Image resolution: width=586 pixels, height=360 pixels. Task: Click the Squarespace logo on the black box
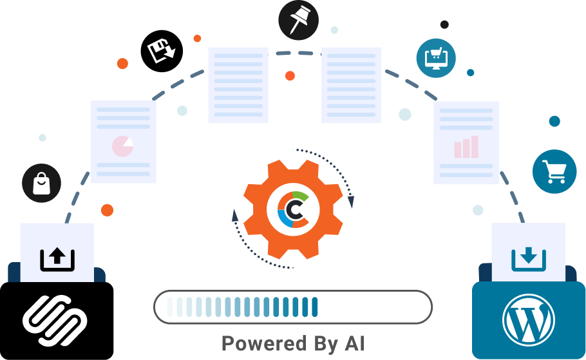point(55,320)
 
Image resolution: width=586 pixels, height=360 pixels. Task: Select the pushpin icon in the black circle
point(298,19)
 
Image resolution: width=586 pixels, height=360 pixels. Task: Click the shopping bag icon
point(41,183)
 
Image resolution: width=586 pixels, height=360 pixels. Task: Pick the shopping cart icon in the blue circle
point(554,171)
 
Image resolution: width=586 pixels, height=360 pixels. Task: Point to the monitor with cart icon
point(436,58)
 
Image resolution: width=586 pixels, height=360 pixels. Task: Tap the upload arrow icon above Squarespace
point(57,259)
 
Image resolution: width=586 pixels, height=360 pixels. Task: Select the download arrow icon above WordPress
point(529,259)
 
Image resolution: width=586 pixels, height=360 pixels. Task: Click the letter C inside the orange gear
point(295,210)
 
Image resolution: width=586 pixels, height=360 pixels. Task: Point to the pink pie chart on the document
point(122,146)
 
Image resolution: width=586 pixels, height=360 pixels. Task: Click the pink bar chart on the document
point(466,147)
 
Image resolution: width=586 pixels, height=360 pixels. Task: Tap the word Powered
point(264,343)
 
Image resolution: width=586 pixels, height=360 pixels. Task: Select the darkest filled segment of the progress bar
point(315,307)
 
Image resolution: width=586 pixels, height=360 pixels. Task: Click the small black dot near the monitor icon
point(444,24)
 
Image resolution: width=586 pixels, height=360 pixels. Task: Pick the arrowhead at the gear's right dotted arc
point(351,202)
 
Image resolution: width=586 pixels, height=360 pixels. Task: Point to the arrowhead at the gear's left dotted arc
point(234,216)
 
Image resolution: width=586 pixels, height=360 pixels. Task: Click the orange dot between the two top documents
point(290,76)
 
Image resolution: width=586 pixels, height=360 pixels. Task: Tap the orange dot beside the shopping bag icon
point(108,210)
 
